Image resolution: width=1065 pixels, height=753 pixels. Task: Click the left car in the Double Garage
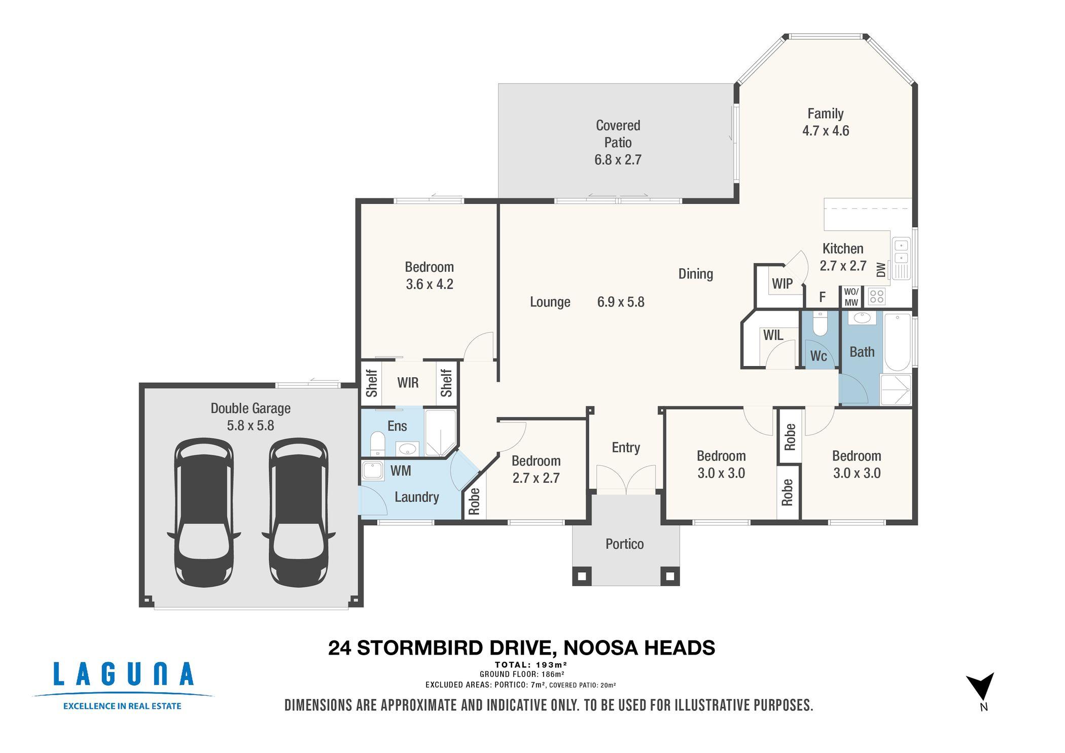(x=204, y=513)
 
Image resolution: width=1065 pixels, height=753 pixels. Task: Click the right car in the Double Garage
(x=299, y=513)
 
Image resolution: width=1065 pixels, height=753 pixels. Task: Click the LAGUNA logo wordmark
(x=123, y=674)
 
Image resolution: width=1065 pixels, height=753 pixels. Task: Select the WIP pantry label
(x=782, y=284)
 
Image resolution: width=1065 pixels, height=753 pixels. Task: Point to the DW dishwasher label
(x=881, y=270)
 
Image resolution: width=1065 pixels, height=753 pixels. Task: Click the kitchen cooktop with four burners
(x=877, y=296)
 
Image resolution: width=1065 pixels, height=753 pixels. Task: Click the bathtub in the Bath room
(x=898, y=342)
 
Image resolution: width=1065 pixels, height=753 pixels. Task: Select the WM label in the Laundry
(x=401, y=471)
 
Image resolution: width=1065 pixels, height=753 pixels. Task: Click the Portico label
(x=625, y=544)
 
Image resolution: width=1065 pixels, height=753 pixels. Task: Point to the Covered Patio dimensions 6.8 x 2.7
(x=618, y=160)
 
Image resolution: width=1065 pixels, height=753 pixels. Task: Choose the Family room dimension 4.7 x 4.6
(x=826, y=131)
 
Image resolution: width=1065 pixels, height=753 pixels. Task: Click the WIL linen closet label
(x=773, y=335)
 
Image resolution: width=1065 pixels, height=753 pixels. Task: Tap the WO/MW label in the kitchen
(x=851, y=297)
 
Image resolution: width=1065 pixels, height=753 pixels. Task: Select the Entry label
(x=626, y=447)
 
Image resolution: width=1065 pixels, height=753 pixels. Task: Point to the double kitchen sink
(x=901, y=252)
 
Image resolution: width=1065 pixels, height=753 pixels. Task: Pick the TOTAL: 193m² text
(x=531, y=665)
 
